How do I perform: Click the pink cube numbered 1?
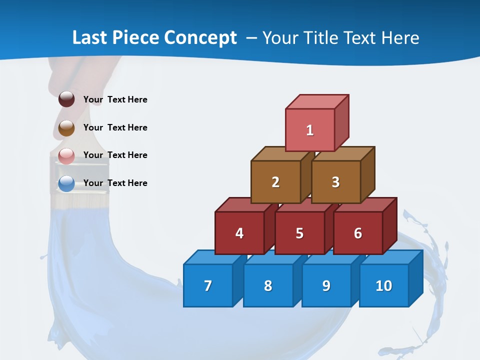(x=310, y=130)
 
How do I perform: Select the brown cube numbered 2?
(x=275, y=182)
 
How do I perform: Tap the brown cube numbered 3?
(x=335, y=182)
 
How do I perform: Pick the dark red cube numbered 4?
(x=239, y=233)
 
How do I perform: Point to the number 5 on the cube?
(x=299, y=233)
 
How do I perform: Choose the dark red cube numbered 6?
(x=358, y=233)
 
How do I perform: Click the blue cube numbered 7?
(x=208, y=285)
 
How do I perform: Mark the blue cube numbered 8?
(x=268, y=285)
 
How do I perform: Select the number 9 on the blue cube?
(x=326, y=285)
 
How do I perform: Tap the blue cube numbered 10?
(x=384, y=285)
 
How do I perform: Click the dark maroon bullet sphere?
(x=66, y=99)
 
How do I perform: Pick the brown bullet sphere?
(x=66, y=128)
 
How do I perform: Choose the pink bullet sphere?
(x=66, y=156)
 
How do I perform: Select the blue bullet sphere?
(x=66, y=184)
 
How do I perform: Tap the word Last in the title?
(x=90, y=38)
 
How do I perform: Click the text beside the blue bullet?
(x=115, y=183)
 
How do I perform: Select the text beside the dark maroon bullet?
(x=115, y=99)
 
